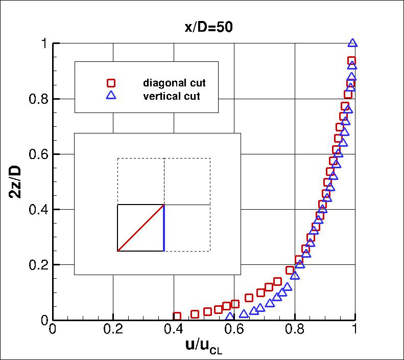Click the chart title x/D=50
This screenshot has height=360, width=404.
208,27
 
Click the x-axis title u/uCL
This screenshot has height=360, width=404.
204,346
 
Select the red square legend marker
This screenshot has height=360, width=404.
111,83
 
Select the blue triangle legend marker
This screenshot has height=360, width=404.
111,95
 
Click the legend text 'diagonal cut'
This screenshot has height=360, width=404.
174,83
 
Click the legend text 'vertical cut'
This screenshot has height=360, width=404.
172,95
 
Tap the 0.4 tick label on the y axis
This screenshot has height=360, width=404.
37,209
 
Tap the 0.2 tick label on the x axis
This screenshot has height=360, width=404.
113,331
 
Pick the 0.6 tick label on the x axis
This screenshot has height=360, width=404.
234,331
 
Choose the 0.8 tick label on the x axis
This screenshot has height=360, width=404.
295,331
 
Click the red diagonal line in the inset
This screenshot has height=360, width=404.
141,228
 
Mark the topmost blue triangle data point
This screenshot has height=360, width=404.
352,44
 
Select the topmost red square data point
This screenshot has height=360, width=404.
351,61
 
